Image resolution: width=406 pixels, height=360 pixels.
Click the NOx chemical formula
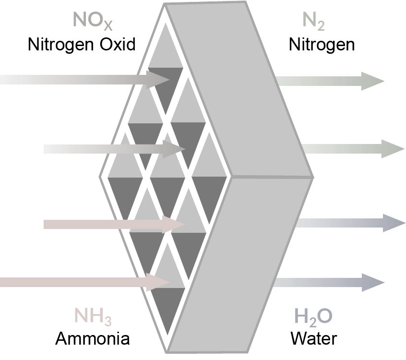(93, 21)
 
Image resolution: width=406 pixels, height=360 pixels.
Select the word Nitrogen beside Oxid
(60, 45)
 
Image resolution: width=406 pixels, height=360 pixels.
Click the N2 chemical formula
(313, 21)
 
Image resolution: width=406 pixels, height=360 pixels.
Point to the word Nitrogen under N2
(322, 45)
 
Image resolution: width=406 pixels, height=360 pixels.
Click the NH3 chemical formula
(93, 316)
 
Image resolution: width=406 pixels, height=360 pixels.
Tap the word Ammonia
(93, 338)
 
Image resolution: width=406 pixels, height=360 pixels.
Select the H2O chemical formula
(313, 317)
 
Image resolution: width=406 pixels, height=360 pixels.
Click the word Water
(314, 338)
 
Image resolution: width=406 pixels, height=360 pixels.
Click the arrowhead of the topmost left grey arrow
(157, 80)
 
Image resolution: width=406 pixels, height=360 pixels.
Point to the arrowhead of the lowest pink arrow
(157, 282)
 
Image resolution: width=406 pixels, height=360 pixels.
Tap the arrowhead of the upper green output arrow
(372, 81)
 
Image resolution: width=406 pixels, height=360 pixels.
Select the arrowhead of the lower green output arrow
(393, 149)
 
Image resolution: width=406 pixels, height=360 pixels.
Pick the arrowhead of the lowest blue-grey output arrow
(373, 282)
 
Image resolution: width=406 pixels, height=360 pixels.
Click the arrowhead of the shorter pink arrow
(173, 224)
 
